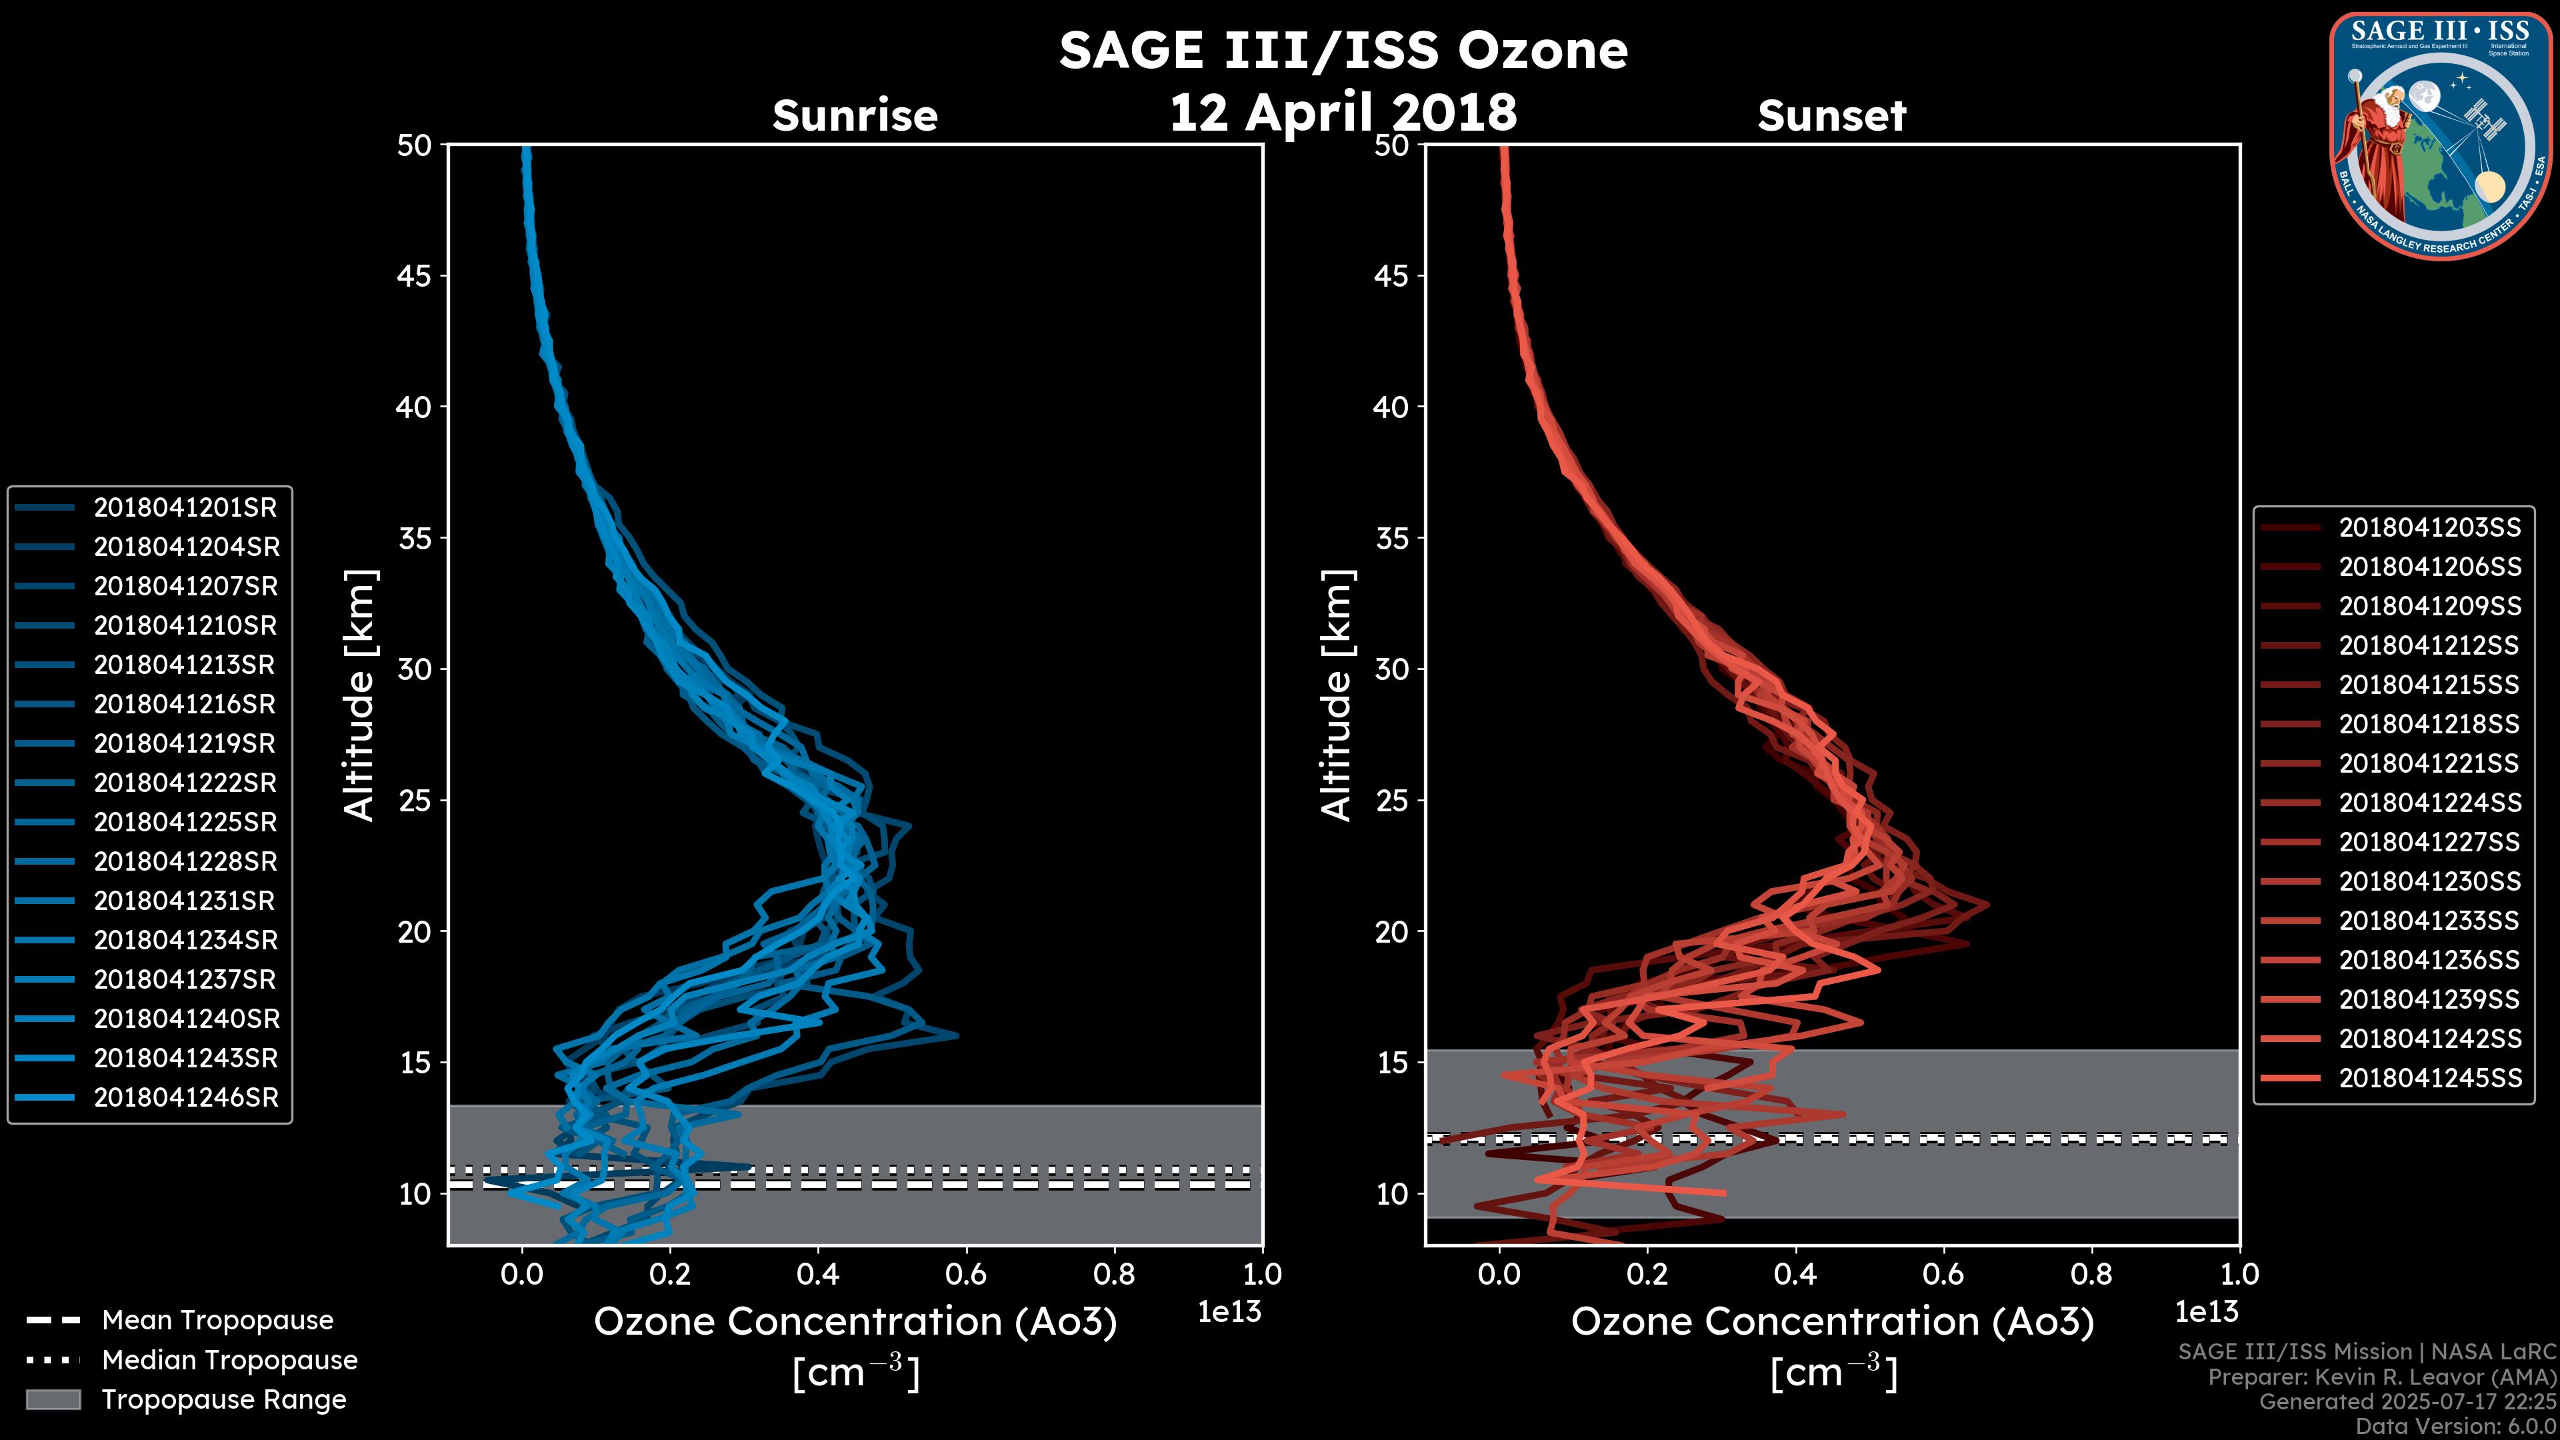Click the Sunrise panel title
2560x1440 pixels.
tap(855, 116)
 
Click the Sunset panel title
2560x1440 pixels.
tap(1831, 116)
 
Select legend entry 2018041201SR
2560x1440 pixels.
tap(185, 508)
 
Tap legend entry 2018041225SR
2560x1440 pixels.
tap(185, 823)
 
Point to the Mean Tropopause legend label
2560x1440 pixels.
tap(217, 1321)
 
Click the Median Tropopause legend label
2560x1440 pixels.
tap(229, 1361)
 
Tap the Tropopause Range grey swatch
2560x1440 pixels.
tap(53, 1400)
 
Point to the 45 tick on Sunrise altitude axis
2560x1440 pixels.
tap(415, 276)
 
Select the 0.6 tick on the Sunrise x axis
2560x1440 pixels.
tap(966, 1274)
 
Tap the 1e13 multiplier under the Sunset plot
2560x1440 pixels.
tap(2206, 1313)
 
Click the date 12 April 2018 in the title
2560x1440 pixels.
tap(1343, 112)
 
